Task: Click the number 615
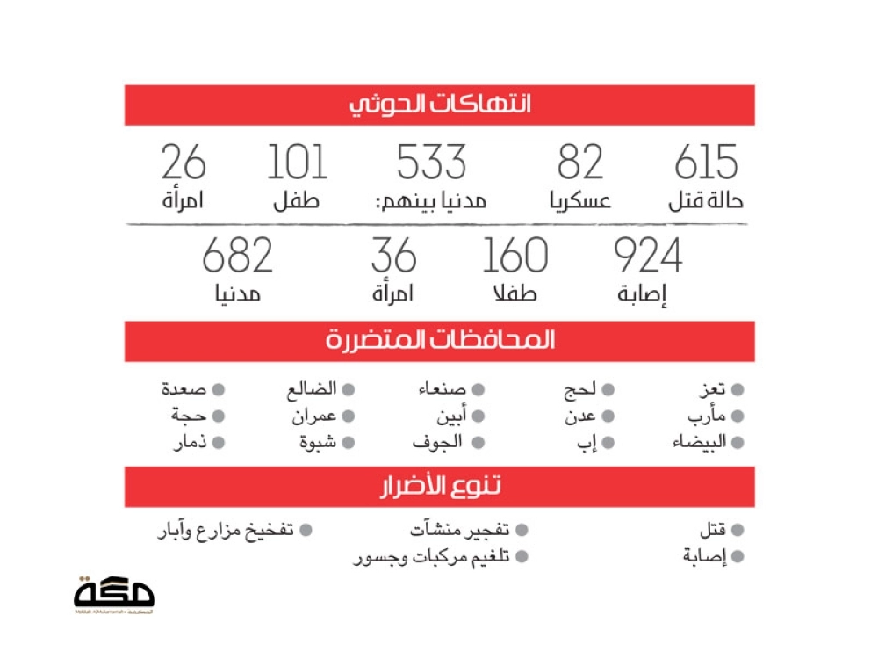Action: [706, 163]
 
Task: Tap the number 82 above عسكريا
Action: [580, 163]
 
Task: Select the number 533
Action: [431, 163]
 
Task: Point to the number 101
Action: [297, 163]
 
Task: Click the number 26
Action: [184, 163]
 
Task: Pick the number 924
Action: [647, 256]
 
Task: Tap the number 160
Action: [515, 256]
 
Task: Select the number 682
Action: [238, 256]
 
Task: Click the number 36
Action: [393, 256]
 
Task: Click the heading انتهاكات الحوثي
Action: [440, 105]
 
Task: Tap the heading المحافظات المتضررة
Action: [440, 341]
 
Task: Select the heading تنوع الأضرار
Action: [440, 487]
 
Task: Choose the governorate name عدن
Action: [581, 416]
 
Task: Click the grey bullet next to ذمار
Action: [219, 443]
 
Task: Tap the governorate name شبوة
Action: [317, 443]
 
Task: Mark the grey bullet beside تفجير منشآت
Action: [522, 531]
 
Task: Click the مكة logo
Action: [114, 594]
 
